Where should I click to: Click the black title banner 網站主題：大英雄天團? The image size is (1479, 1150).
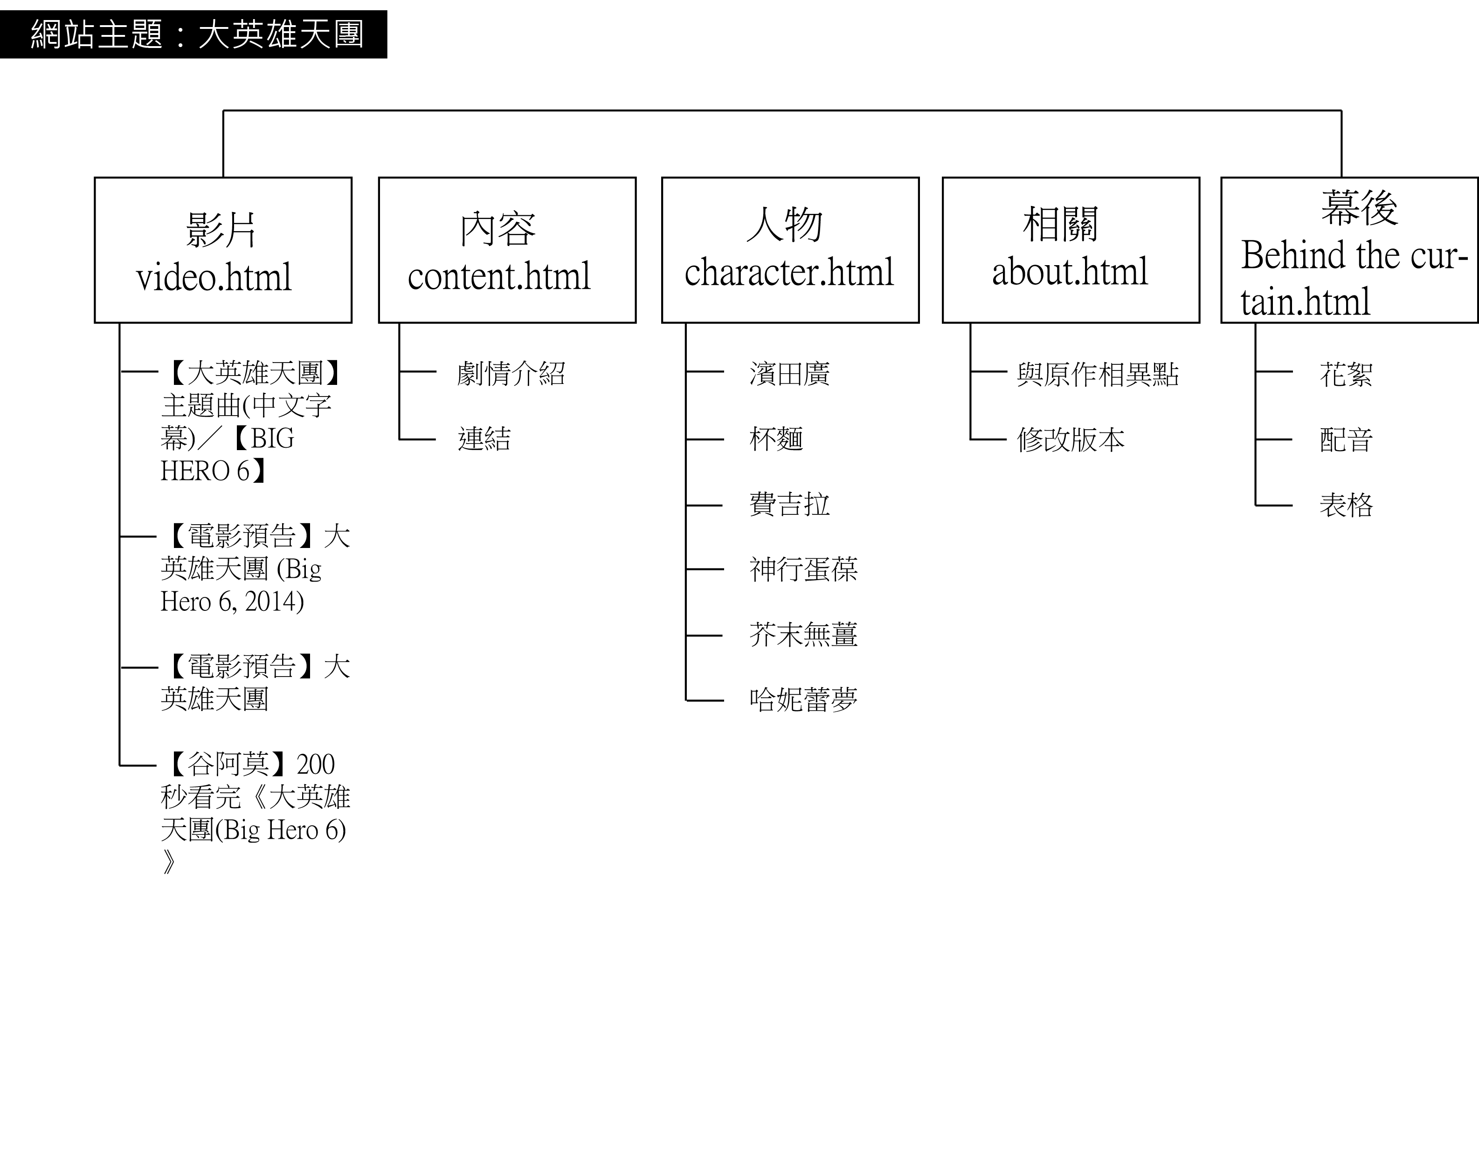pyautogui.click(x=194, y=34)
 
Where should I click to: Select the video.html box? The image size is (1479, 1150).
pyautogui.click(x=223, y=250)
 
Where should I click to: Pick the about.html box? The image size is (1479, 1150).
pyautogui.click(x=1071, y=250)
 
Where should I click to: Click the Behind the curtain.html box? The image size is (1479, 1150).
pyautogui.click(x=1349, y=250)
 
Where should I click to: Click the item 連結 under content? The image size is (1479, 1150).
pyautogui.click(x=484, y=438)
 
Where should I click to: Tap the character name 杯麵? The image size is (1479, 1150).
pyautogui.click(x=776, y=438)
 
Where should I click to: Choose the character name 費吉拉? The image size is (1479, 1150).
pyautogui.click(x=789, y=504)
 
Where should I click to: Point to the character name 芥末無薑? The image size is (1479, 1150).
pyautogui.click(x=803, y=634)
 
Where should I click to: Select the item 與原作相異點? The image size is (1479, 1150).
pyautogui.click(x=1097, y=374)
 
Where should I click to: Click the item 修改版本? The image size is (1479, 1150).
pyautogui.click(x=1070, y=440)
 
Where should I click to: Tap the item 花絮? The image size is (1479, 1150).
pyautogui.click(x=1346, y=374)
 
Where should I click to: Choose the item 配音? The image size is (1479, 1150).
pyautogui.click(x=1346, y=440)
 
